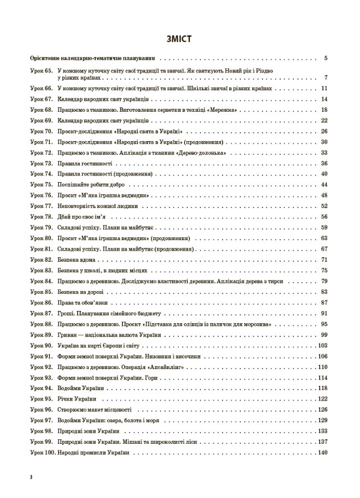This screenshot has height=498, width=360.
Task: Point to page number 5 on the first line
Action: pyautogui.click(x=326, y=58)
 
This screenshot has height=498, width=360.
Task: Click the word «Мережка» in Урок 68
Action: pyautogui.click(x=224, y=110)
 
